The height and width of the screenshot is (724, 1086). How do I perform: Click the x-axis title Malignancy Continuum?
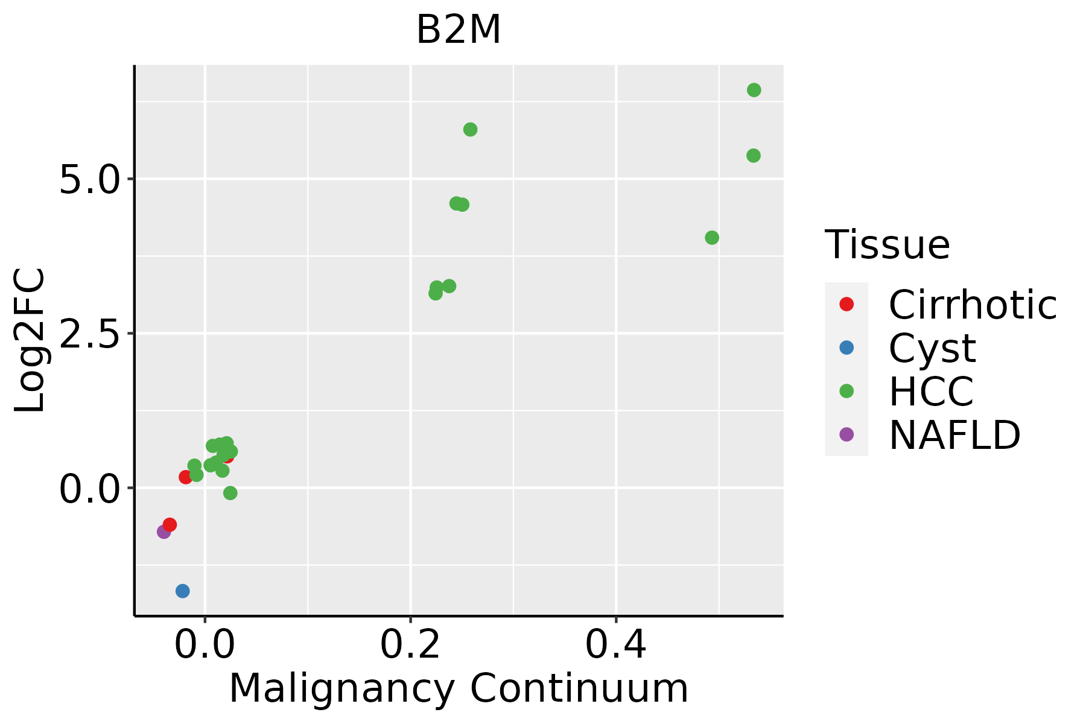(459, 688)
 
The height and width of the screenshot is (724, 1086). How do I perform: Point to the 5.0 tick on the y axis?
(89, 179)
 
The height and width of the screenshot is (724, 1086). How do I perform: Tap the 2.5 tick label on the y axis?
(89, 333)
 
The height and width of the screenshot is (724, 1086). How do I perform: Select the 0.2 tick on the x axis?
(410, 644)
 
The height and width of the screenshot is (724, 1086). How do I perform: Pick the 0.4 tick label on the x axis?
(616, 644)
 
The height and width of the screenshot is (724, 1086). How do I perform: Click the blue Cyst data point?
(183, 591)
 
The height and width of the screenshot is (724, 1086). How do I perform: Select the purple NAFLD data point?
(164, 532)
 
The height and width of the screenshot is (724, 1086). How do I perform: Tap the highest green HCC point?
(754, 90)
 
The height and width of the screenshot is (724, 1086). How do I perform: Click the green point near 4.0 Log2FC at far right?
(712, 238)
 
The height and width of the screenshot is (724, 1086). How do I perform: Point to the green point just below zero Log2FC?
(230, 493)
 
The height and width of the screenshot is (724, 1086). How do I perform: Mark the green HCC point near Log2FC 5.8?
(471, 129)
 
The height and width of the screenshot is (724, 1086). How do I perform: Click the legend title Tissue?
(887, 245)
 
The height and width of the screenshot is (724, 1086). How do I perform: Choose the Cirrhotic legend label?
(973, 305)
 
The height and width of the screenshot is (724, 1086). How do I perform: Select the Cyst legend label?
(932, 348)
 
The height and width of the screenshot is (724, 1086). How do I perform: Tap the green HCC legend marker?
(846, 391)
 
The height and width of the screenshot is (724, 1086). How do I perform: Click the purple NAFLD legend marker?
(846, 434)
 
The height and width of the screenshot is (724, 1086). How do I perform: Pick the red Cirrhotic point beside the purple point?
(170, 524)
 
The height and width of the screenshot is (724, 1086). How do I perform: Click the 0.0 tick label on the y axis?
(89, 488)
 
